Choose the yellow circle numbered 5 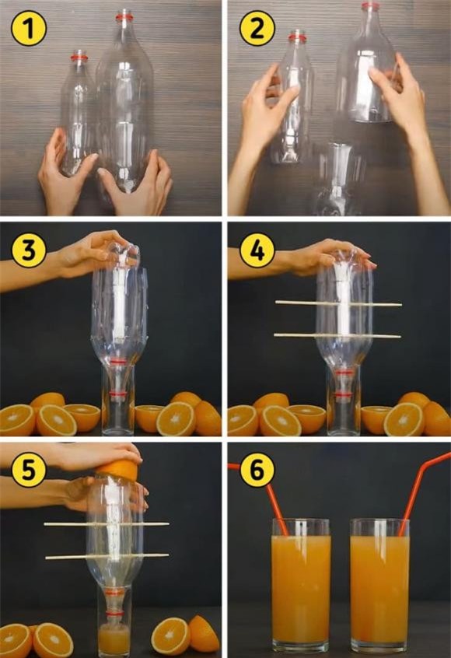[x=29, y=471]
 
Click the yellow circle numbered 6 [x=257, y=471]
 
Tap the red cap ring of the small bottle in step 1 [x=79, y=56]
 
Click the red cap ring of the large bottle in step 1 [x=124, y=17]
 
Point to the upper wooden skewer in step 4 [x=338, y=303]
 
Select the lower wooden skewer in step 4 [x=337, y=336]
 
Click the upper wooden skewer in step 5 [x=107, y=524]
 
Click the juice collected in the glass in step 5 [x=114, y=639]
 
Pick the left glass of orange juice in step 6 [x=301, y=586]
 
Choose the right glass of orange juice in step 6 [x=379, y=586]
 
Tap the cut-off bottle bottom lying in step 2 [x=338, y=178]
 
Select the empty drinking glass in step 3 [x=118, y=400]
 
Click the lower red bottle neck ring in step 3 [x=118, y=394]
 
